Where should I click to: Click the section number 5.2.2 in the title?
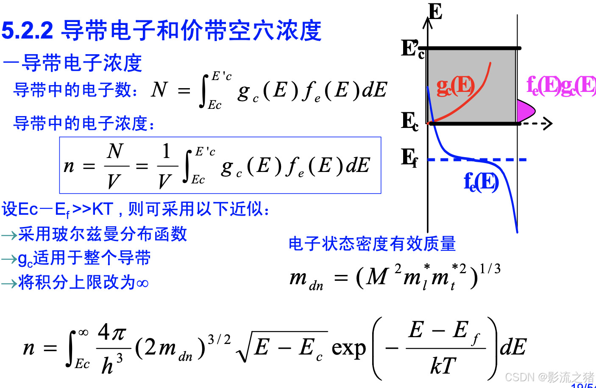coord(28,31)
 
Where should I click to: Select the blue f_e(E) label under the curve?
coord(481,182)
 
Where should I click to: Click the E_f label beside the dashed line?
coord(409,158)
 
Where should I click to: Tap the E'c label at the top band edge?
coord(412,49)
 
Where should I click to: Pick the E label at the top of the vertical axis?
coord(435,11)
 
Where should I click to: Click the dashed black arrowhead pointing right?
coord(547,123)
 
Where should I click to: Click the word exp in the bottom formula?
coord(348,348)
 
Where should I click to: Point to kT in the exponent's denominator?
coord(443,366)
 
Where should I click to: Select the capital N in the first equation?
coord(159,89)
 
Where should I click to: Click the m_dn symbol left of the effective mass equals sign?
coord(306,280)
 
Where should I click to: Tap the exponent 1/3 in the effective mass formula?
coord(490,269)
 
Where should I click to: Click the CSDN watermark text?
coord(549,377)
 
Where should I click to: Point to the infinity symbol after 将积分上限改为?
coord(142,283)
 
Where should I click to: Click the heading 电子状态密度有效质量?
coord(372,244)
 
